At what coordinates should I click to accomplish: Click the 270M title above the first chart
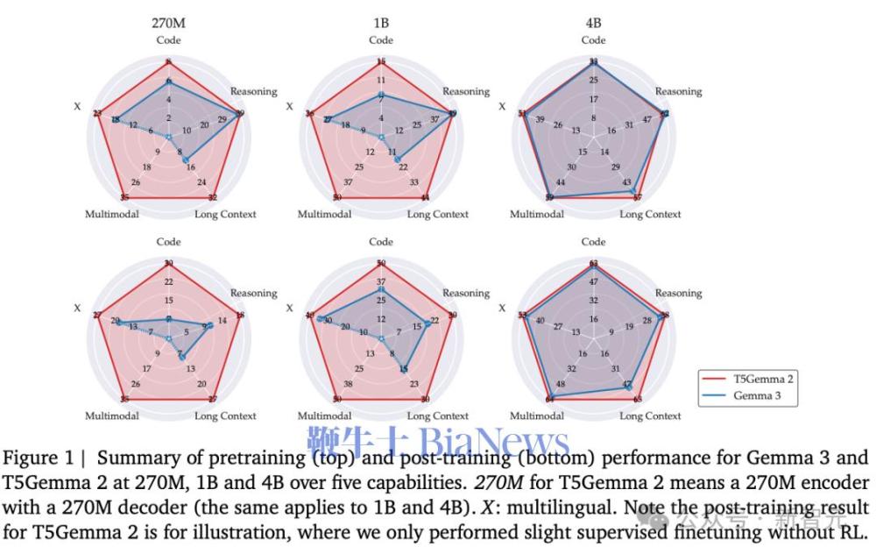coord(168,24)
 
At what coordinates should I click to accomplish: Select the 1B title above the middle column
coord(380,24)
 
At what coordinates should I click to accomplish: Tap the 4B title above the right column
coord(593,24)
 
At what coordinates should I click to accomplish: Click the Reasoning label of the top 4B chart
coord(679,91)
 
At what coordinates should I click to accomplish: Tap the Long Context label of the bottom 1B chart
coord(438,415)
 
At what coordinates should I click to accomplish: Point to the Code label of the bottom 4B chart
coord(593,242)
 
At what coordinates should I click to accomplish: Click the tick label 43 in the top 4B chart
coord(627,182)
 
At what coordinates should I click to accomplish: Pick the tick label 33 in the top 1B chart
coord(414,182)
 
